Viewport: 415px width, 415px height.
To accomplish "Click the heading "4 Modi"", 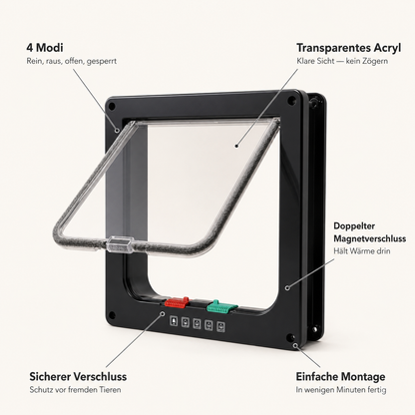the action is pyautogui.click(x=45, y=48).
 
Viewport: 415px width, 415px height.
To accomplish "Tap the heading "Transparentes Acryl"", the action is pyautogui.click(x=348, y=48).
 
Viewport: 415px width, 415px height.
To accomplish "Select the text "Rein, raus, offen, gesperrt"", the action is pyautogui.click(x=72, y=61).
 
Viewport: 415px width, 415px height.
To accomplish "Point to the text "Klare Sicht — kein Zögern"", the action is pyautogui.click(x=342, y=61).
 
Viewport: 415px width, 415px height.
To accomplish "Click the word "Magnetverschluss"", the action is pyautogui.click(x=370, y=238).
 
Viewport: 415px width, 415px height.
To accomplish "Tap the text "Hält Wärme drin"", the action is pyautogui.click(x=362, y=251).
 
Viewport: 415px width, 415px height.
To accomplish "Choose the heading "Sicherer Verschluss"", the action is pyautogui.click(x=78, y=377).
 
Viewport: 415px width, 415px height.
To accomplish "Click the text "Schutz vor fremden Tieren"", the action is pyautogui.click(x=75, y=390).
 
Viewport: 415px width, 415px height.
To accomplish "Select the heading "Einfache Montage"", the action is pyautogui.click(x=340, y=377).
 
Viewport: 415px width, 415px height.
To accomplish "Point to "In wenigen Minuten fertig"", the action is pyautogui.click(x=341, y=390).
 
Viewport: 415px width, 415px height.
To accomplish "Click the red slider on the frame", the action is pyautogui.click(x=177, y=302).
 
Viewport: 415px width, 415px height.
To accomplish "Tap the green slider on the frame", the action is pyautogui.click(x=221, y=307).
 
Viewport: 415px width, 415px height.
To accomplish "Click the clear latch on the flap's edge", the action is pyautogui.click(x=120, y=245).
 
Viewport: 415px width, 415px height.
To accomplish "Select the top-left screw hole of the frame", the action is pyautogui.click(x=112, y=107).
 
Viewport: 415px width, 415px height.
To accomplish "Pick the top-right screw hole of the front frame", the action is pyautogui.click(x=291, y=99).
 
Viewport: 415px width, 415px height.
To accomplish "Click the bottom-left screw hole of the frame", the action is pyautogui.click(x=112, y=314).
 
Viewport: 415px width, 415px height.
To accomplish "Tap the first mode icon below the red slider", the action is pyautogui.click(x=174, y=321).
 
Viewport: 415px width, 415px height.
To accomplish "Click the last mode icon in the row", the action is pyautogui.click(x=220, y=327).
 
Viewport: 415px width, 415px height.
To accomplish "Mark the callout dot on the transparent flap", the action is pyautogui.click(x=236, y=146).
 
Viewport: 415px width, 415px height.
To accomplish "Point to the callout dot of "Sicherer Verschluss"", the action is pyautogui.click(x=163, y=313).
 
